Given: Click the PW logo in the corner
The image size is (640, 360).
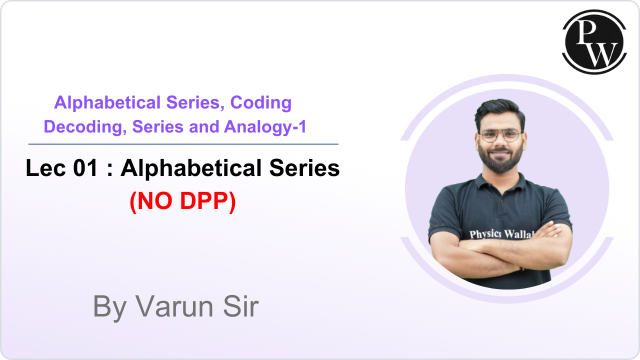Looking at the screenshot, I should pyautogui.click(x=594, y=42).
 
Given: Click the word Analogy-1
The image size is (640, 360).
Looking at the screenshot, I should pyautogui.click(x=265, y=127).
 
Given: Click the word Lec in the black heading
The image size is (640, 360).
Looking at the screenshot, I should pyautogui.click(x=45, y=168).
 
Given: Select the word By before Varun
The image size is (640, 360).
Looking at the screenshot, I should pyautogui.click(x=109, y=306).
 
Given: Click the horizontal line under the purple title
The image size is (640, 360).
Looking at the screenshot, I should pyautogui.click(x=183, y=144).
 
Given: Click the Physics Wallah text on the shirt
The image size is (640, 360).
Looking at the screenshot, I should pyautogui.click(x=500, y=234).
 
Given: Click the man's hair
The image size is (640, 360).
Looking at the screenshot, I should pyautogui.click(x=499, y=109).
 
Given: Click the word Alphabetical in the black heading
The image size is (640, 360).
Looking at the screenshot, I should pyautogui.click(x=191, y=168).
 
